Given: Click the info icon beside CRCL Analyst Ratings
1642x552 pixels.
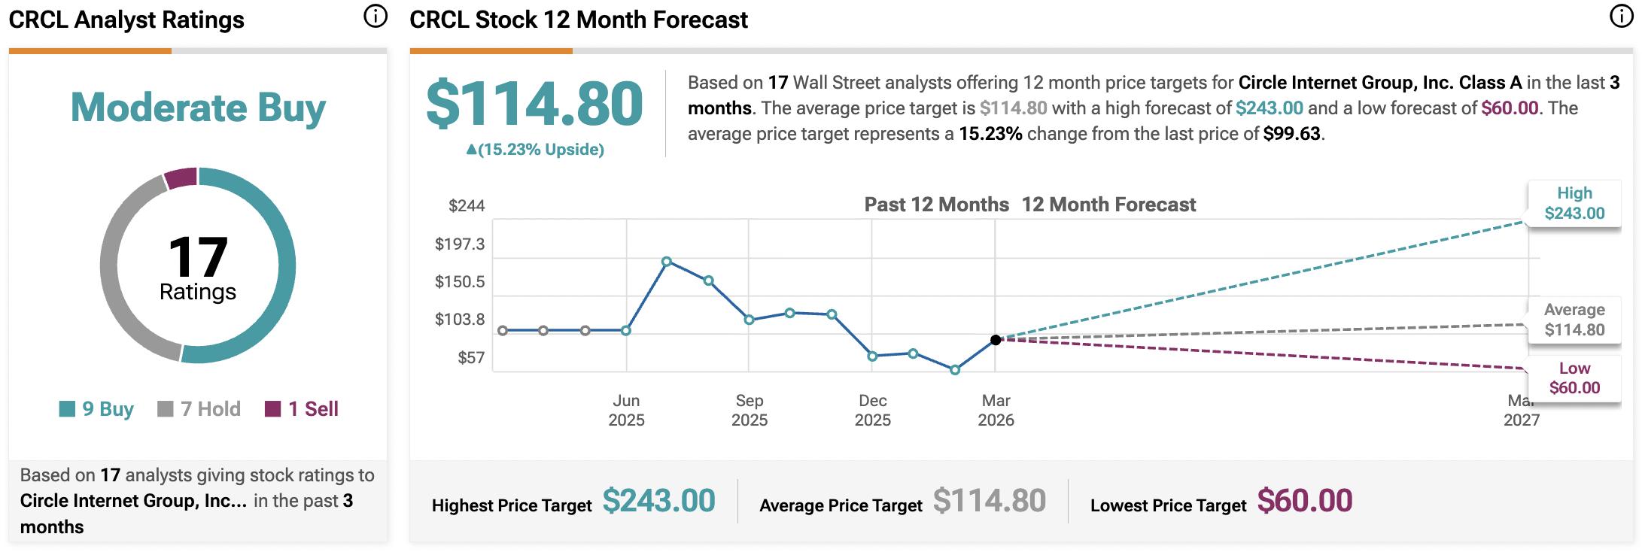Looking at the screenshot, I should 375,17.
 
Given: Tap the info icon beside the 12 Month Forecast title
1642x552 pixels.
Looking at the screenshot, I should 1620,17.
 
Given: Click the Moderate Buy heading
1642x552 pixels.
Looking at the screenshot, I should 198,108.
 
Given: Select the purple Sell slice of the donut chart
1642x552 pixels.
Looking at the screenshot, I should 181,178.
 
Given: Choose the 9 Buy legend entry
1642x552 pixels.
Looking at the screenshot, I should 96,409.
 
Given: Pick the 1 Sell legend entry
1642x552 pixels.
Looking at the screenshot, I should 302,409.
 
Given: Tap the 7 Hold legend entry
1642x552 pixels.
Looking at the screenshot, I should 199,409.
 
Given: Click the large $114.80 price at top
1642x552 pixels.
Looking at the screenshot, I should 534,105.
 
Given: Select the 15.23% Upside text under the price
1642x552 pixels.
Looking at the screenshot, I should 535,150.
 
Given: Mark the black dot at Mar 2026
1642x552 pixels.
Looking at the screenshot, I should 996,340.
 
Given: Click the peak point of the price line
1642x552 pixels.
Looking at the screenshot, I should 667,262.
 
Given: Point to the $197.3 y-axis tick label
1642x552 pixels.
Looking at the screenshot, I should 460,244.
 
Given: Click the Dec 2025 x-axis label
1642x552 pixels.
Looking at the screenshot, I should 872,410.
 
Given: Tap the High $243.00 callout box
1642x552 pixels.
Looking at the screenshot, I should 1574,204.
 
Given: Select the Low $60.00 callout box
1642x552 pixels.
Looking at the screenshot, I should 1574,378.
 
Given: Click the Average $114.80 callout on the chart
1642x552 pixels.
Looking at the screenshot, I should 1574,320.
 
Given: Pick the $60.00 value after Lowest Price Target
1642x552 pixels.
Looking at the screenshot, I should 1304,501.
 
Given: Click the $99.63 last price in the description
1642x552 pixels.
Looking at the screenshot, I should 1291,134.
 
